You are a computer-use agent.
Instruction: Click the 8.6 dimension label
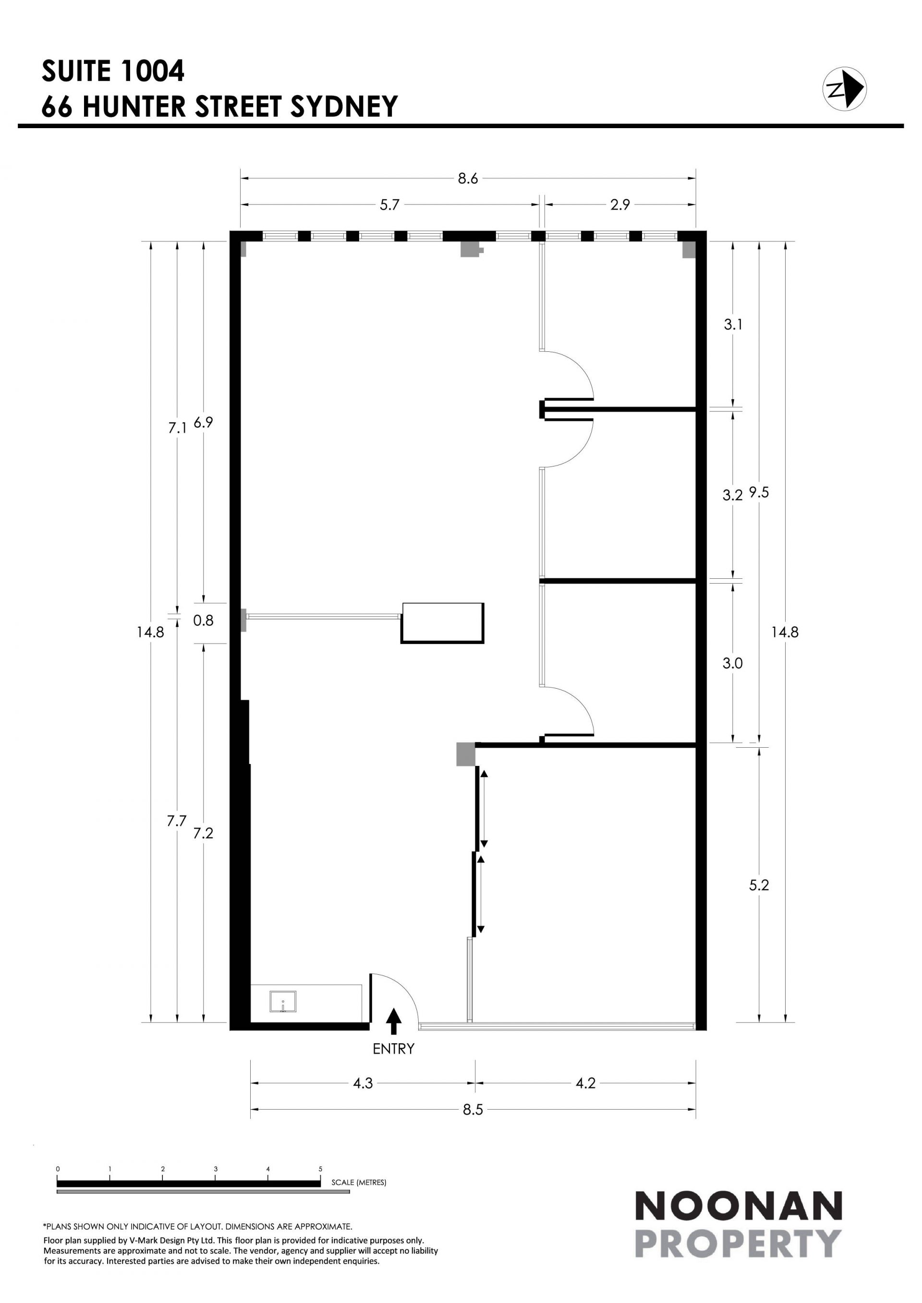(x=468, y=179)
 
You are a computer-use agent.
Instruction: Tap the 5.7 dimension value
(x=390, y=205)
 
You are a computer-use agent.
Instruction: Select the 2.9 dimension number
(x=620, y=205)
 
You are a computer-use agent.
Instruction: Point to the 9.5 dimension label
(x=759, y=492)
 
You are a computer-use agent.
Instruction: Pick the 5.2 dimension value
(x=759, y=885)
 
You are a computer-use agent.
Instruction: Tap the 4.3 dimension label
(x=363, y=1083)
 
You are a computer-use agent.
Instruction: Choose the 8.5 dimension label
(x=473, y=1110)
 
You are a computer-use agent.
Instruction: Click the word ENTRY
(x=393, y=1049)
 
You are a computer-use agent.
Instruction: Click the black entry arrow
(x=393, y=1021)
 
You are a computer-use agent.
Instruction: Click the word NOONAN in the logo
(x=738, y=1207)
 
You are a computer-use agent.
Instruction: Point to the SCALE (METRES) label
(x=359, y=1183)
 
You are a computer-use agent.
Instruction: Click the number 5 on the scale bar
(x=320, y=1169)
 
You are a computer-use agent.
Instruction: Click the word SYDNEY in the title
(x=344, y=106)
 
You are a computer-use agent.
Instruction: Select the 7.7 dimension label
(x=177, y=821)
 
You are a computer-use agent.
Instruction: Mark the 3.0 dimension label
(x=732, y=663)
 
